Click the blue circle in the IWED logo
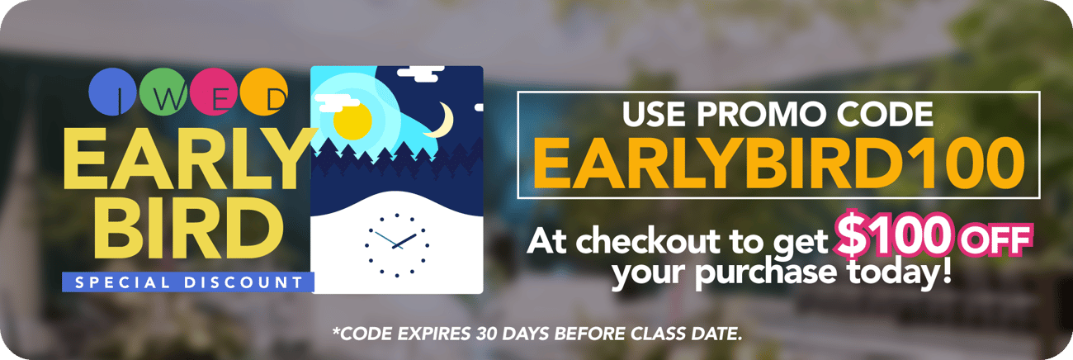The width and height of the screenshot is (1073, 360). pyautogui.click(x=111, y=92)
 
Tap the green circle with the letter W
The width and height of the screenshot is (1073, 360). pyautogui.click(x=163, y=92)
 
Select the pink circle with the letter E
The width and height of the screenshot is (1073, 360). pyautogui.click(x=213, y=92)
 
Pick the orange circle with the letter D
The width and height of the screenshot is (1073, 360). pyautogui.click(x=264, y=92)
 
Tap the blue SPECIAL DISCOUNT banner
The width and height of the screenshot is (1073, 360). pyautogui.click(x=188, y=282)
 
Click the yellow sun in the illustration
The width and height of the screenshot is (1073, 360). pyautogui.click(x=352, y=121)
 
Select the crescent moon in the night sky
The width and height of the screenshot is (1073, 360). pyautogui.click(x=442, y=121)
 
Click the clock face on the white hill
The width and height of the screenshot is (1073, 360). pyautogui.click(x=397, y=245)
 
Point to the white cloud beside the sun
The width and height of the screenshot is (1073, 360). pyautogui.click(x=336, y=102)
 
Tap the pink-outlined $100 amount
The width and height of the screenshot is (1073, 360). pyautogui.click(x=892, y=234)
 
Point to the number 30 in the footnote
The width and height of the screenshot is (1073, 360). pyautogui.click(x=486, y=334)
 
